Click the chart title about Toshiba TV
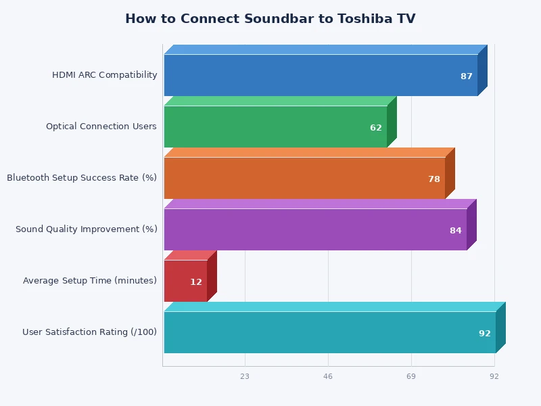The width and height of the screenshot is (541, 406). (x=270, y=19)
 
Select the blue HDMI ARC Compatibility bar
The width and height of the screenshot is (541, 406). (x=321, y=75)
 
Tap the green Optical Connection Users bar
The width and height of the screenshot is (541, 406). (x=275, y=127)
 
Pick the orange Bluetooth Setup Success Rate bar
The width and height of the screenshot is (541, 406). (x=304, y=178)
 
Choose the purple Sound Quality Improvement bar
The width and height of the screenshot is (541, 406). (x=315, y=229)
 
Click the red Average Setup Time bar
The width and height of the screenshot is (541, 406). (x=185, y=281)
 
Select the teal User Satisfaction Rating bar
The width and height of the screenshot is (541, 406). (x=329, y=332)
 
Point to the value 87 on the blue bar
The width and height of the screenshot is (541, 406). (x=467, y=76)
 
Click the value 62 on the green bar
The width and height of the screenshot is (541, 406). (x=376, y=128)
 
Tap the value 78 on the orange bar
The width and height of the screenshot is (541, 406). (x=434, y=179)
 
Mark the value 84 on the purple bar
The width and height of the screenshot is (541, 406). (x=456, y=231)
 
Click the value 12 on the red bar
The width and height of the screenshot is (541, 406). (x=196, y=282)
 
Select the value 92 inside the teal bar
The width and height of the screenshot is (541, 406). (x=485, y=334)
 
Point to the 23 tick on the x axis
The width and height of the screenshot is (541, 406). (x=245, y=376)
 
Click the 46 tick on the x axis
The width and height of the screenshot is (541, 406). (x=328, y=376)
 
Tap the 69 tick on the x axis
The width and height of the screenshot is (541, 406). (x=411, y=376)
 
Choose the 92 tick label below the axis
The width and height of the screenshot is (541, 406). (x=494, y=376)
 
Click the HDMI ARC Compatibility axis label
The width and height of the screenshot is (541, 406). (x=105, y=75)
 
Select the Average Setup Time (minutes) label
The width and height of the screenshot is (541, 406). (x=90, y=281)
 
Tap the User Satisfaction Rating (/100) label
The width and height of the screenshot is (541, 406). (x=90, y=332)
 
